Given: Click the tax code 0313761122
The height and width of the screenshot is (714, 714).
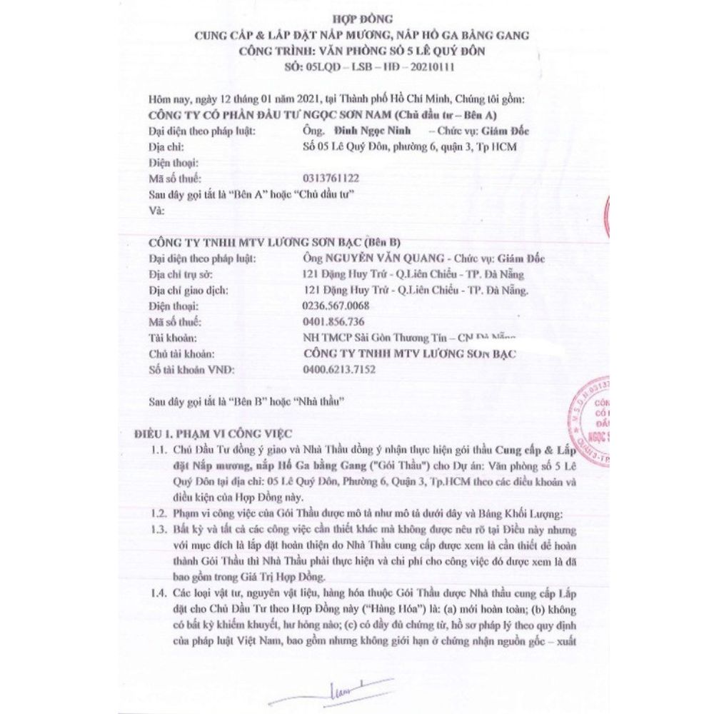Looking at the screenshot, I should click(332, 178).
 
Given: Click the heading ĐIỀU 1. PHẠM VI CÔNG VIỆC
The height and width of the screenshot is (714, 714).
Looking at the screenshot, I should click(214, 433).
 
